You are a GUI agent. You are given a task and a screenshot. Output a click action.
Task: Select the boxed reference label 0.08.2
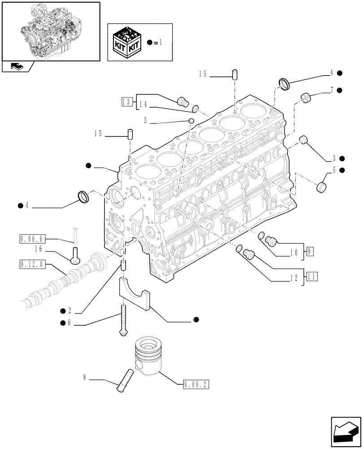coord(196,385)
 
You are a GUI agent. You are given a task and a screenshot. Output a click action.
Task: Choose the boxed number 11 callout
coord(312,276)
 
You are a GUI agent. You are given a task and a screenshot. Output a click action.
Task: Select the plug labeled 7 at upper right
coord(306,97)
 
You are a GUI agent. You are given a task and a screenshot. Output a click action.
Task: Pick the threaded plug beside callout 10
coord(271,241)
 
